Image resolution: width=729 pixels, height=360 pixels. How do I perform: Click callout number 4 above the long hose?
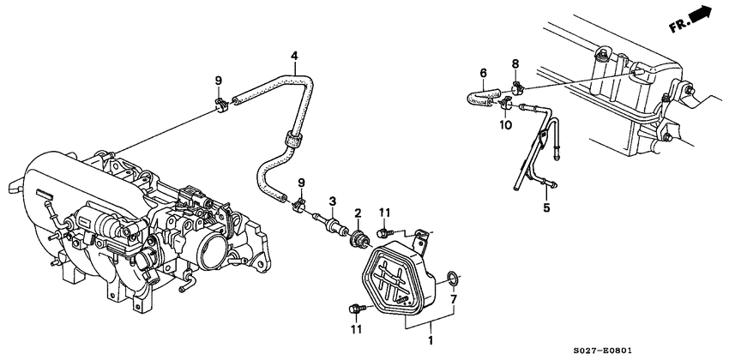click(294, 57)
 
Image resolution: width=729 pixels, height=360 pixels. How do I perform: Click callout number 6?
click(484, 73)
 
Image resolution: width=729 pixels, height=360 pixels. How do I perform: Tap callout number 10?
click(505, 125)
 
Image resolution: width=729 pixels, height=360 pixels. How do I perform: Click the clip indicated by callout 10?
click(505, 105)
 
